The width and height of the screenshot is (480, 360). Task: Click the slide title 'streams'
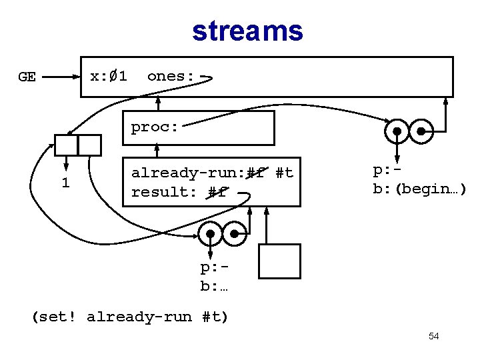247,31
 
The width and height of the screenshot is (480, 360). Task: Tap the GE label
27,77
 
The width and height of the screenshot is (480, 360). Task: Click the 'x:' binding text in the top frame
99,76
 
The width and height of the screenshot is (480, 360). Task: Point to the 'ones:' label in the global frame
171,76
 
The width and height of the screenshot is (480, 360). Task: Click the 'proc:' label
155,127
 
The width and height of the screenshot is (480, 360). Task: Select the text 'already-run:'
187,173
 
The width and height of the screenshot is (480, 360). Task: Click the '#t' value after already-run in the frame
285,173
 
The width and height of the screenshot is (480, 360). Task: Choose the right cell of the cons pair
89,145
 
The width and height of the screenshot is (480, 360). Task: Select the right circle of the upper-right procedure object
422,131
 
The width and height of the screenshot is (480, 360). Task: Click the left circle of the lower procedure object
211,234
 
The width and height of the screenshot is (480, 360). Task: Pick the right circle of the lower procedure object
235,234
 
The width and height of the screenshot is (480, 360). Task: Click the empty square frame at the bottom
279,261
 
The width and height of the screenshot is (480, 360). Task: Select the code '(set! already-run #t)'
130,317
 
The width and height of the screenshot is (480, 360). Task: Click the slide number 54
433,337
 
